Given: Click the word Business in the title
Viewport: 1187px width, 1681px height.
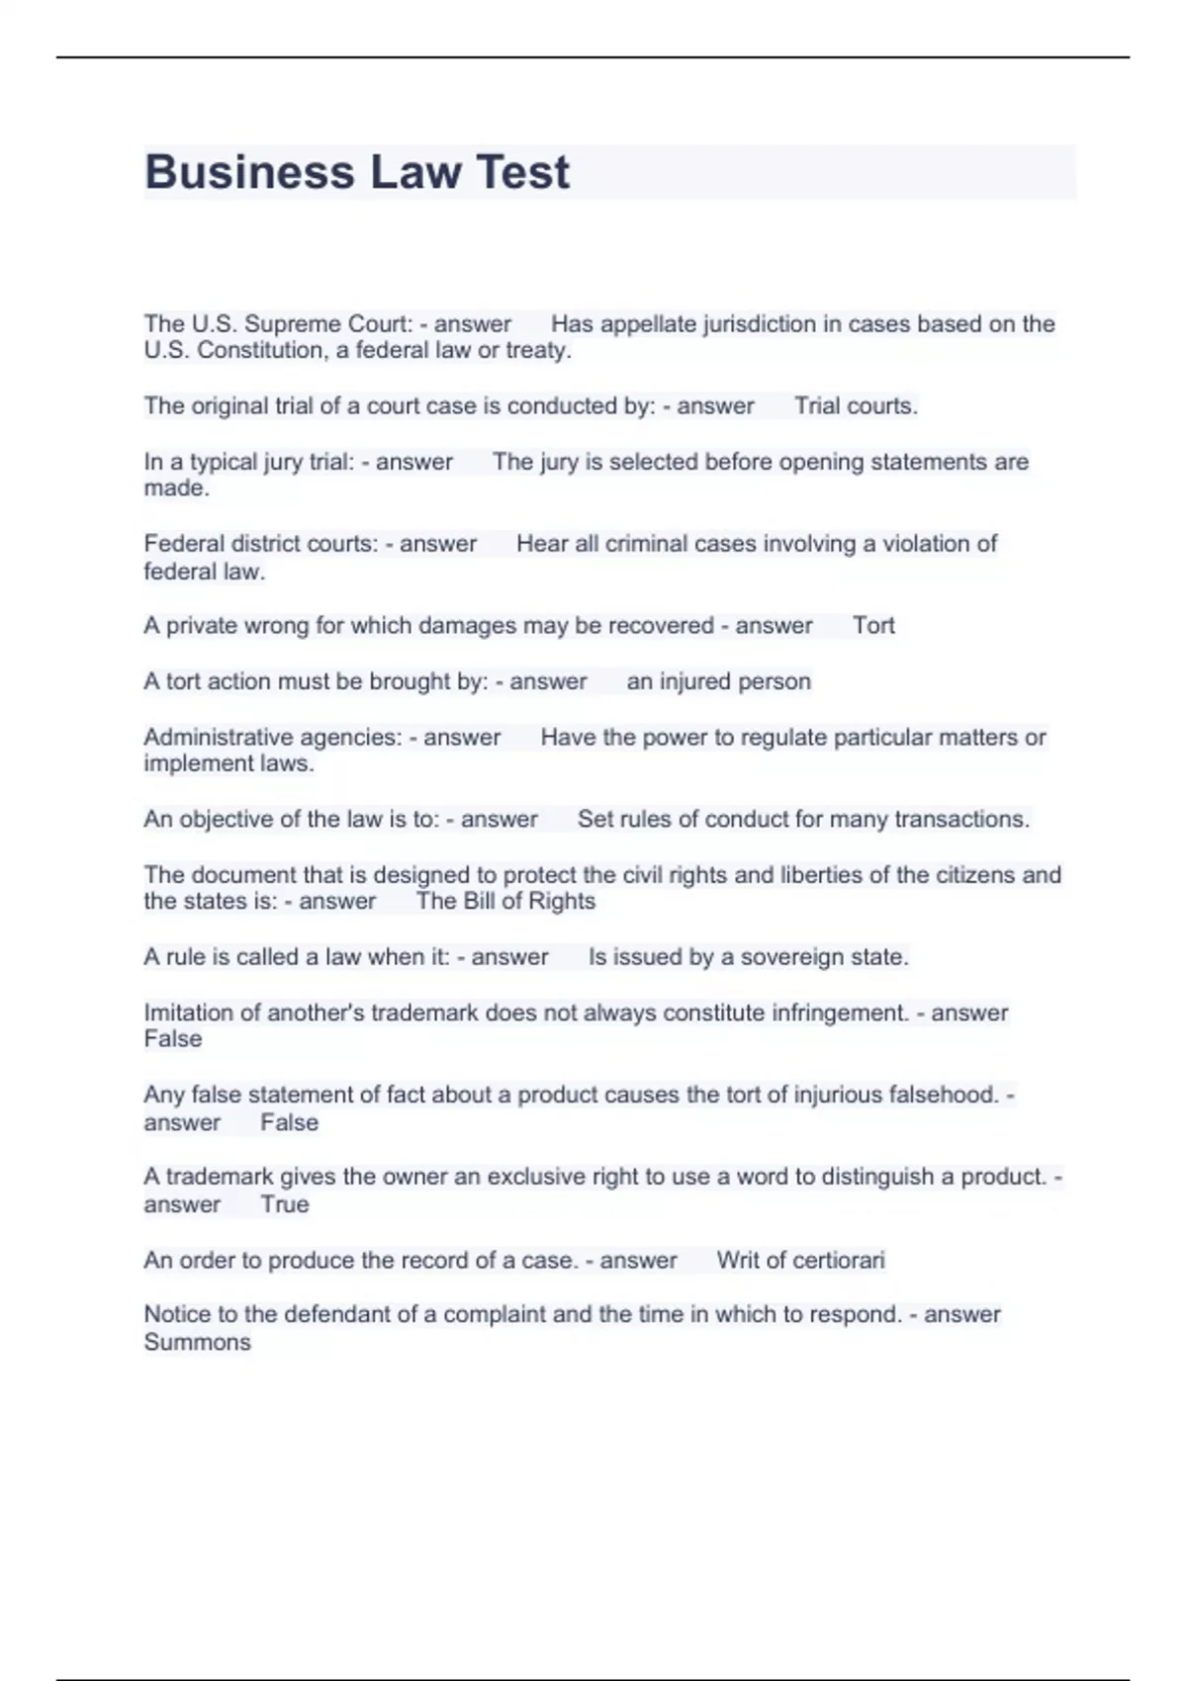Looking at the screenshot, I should (249, 172).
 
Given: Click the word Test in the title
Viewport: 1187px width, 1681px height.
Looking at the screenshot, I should (522, 172).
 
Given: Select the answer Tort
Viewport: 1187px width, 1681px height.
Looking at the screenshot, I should (873, 626).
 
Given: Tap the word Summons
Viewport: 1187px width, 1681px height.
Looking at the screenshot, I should (197, 1342).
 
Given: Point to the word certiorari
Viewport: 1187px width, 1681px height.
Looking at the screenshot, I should (838, 1260).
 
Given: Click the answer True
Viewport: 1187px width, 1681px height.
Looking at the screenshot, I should (285, 1204).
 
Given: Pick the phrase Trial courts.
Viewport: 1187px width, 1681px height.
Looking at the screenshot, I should (856, 405).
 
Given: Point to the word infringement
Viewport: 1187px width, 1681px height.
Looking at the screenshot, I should (847, 1013).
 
